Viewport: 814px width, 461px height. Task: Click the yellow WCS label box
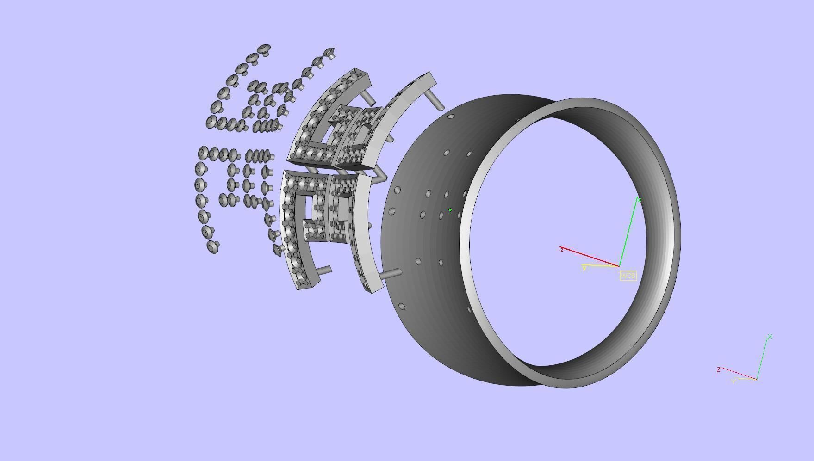(x=628, y=276)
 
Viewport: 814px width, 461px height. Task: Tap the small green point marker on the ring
(x=450, y=210)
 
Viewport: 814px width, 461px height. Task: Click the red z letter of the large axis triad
(x=562, y=250)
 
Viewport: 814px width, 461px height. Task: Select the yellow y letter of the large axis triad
(x=584, y=268)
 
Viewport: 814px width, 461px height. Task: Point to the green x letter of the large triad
(x=639, y=200)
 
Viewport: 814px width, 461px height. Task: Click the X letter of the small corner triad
(x=770, y=337)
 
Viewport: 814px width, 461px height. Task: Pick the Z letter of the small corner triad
(x=718, y=369)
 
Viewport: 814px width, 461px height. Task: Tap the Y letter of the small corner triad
(x=733, y=381)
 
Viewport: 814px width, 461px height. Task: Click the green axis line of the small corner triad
(x=763, y=358)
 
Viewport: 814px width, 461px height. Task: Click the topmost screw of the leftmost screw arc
(x=264, y=49)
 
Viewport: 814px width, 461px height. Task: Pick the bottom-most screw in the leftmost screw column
(x=213, y=246)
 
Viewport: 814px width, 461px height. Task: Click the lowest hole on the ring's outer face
(x=402, y=306)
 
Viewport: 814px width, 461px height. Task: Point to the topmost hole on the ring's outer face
(x=451, y=117)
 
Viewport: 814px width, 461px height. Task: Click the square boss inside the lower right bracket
(x=343, y=208)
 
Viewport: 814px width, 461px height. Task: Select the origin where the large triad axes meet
(x=619, y=266)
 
